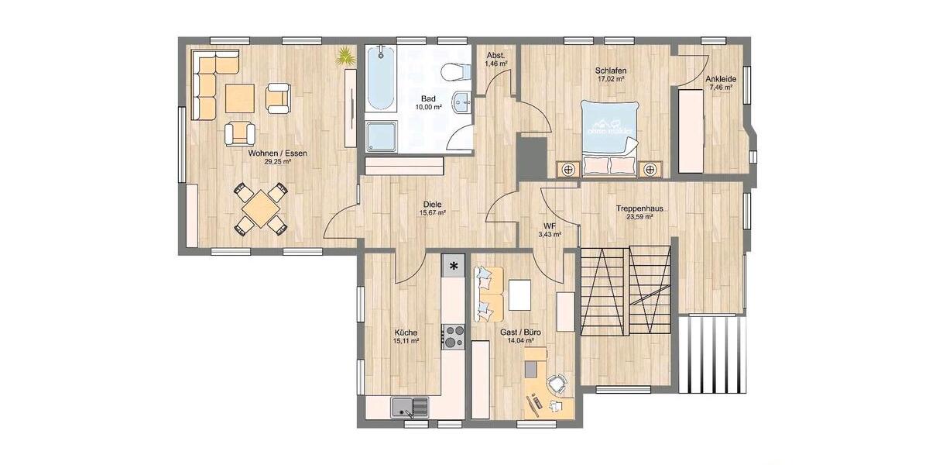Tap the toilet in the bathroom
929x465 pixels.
click(x=455, y=72)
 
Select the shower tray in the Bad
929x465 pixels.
click(x=381, y=136)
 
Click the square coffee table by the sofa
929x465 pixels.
click(x=239, y=98)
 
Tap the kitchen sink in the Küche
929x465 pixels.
click(x=410, y=407)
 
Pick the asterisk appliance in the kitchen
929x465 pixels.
click(x=454, y=266)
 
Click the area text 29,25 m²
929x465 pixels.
click(x=277, y=163)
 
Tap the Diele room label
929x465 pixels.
click(x=433, y=204)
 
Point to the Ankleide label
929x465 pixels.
click(x=720, y=79)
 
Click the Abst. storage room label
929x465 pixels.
click(x=495, y=55)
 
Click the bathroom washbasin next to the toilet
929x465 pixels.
click(x=462, y=102)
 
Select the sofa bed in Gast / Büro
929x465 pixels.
click(x=488, y=294)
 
